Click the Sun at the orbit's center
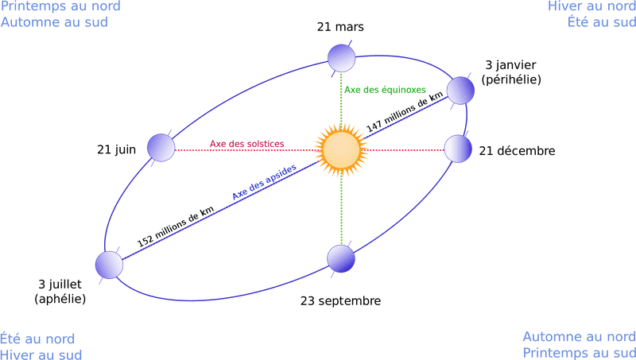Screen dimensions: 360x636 (342, 149)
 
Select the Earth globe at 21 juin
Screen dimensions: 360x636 (161, 148)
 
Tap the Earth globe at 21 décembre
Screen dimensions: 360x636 (457, 149)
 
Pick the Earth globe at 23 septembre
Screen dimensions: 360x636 (340, 258)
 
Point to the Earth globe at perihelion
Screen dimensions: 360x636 (460, 90)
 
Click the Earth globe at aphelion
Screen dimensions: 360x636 (109, 264)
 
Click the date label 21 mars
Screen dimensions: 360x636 (340, 27)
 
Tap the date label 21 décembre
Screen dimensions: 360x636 (517, 150)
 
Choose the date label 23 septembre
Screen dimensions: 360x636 (340, 301)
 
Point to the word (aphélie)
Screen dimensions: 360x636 (60, 298)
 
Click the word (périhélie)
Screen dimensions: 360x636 (511, 80)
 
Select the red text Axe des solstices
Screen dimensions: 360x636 (246, 144)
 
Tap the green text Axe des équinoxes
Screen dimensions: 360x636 (386, 90)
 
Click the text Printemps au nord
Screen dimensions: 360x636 (60, 7)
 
